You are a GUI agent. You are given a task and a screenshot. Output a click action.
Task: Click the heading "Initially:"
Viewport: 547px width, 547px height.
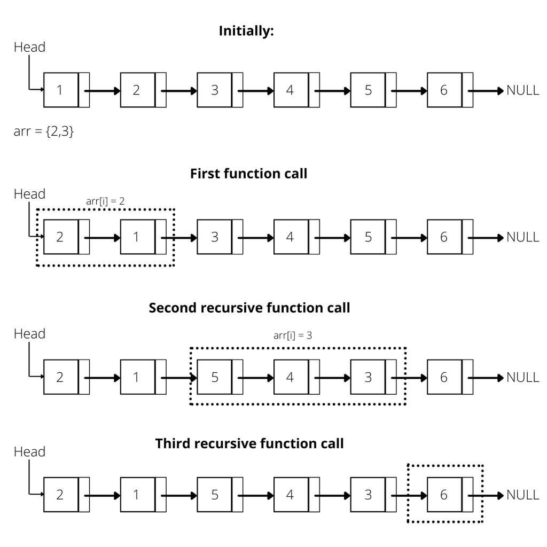pyautogui.click(x=246, y=31)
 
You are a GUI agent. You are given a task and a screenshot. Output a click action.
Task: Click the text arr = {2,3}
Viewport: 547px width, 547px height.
pyautogui.click(x=44, y=131)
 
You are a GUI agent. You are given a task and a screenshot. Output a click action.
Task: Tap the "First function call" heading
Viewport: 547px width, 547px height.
pyautogui.click(x=248, y=174)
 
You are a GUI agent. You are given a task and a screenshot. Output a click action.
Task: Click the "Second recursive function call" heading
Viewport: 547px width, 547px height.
pyautogui.click(x=249, y=308)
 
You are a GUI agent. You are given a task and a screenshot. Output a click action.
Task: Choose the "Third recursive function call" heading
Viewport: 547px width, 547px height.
pyautogui.click(x=249, y=443)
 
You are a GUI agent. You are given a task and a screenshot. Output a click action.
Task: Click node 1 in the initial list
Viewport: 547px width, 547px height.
pyautogui.click(x=60, y=90)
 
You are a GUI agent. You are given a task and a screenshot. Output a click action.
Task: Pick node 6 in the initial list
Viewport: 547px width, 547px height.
pyautogui.click(x=444, y=90)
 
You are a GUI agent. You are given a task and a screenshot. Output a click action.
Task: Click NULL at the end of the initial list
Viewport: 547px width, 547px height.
pyautogui.click(x=522, y=90)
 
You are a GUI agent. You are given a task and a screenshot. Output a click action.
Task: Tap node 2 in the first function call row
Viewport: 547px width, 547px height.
pyautogui.click(x=60, y=237)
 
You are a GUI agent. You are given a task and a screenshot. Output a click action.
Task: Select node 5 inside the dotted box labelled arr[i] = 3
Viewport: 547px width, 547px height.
pyautogui.click(x=214, y=377)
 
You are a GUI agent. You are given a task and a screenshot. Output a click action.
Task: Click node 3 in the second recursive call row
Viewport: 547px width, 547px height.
pyautogui.click(x=368, y=377)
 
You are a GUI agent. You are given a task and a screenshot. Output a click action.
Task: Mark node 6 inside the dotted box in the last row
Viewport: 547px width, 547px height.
pyautogui.click(x=444, y=495)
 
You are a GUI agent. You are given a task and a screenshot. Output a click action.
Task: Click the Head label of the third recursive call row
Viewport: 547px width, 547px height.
pyautogui.click(x=29, y=452)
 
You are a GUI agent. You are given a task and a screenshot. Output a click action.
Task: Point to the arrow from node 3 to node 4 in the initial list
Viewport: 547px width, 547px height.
pyautogui.click(x=257, y=91)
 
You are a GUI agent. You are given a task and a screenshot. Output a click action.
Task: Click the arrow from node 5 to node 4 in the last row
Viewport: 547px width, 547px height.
pyautogui.click(x=257, y=495)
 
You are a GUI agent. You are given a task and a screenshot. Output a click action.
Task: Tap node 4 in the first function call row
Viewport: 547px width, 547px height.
pyautogui.click(x=290, y=237)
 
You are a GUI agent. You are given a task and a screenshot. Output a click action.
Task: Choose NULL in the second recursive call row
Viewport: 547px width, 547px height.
pyautogui.click(x=522, y=377)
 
